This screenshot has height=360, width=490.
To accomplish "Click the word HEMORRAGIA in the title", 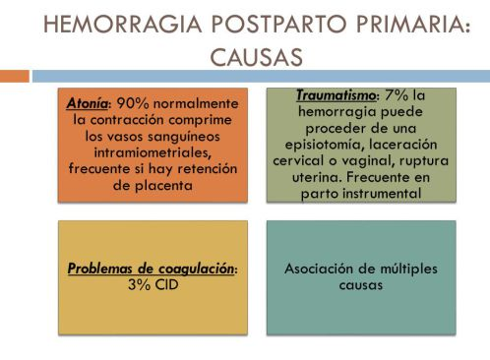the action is pos(123,25).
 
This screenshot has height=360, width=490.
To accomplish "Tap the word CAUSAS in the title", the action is pos(256,57).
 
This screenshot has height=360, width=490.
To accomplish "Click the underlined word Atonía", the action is pos(87,103).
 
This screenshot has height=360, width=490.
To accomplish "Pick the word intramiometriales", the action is pos(153,152).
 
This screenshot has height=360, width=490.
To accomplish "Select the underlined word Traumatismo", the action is pos(336,95).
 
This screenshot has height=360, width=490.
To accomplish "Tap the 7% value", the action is pos(397,95).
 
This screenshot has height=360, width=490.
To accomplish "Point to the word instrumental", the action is pos(382,194).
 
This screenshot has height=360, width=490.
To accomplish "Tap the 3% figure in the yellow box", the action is pos(139,284).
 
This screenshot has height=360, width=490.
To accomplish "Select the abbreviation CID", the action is pos(166,284).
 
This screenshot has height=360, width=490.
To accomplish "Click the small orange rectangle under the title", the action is pos(15,76).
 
